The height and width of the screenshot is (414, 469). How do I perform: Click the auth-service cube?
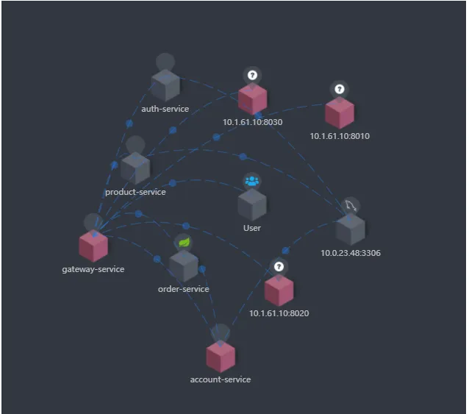pyautogui.click(x=165, y=85)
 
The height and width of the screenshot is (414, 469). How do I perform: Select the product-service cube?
pyautogui.click(x=135, y=168)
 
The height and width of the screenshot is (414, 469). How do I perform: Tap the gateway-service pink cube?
pyautogui.click(x=93, y=246)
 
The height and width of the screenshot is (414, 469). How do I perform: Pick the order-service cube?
pyautogui.click(x=184, y=266)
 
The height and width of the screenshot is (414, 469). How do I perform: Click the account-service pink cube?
pyautogui.click(x=221, y=357)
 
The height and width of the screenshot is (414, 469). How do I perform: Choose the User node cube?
pyautogui.click(x=252, y=205)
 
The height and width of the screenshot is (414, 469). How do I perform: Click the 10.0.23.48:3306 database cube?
pyautogui.click(x=350, y=229)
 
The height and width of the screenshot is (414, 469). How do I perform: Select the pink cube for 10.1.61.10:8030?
pyautogui.click(x=253, y=99)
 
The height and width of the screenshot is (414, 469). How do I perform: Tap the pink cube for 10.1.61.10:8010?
pyautogui.click(x=340, y=113)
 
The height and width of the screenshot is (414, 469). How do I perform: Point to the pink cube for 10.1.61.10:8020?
pyautogui.click(x=279, y=290)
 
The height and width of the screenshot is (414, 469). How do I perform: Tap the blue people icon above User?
pyautogui.click(x=252, y=181)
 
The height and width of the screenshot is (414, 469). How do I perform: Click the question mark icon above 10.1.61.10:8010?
pyautogui.click(x=339, y=89)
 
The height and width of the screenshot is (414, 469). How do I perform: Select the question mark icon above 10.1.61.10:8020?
pyautogui.click(x=279, y=266)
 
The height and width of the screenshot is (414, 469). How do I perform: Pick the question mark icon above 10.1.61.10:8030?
pyautogui.click(x=252, y=75)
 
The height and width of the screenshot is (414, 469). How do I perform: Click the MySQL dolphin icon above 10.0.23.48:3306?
pyautogui.click(x=350, y=206)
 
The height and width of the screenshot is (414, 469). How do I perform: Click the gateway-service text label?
pyautogui.click(x=93, y=270)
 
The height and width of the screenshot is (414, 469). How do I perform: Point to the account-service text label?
pyautogui.click(x=221, y=379)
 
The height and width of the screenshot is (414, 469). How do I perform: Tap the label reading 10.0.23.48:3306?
pyautogui.click(x=351, y=253)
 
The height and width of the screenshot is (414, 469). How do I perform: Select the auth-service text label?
pyautogui.click(x=165, y=109)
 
